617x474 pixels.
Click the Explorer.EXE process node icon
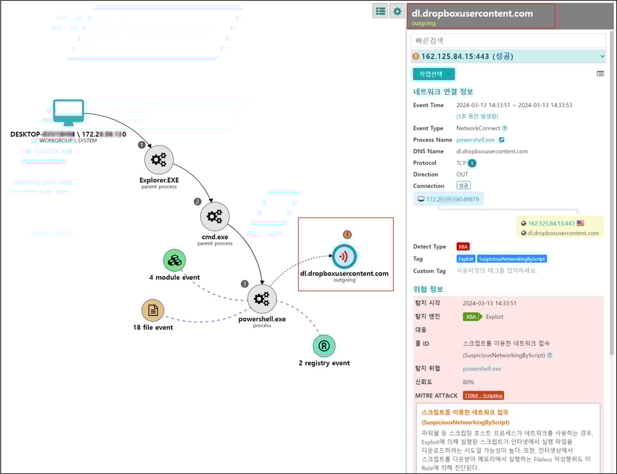158,160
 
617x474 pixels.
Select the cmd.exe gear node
215,217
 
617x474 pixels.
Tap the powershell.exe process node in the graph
262,299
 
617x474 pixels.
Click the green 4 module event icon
174,260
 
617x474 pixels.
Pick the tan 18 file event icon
153,311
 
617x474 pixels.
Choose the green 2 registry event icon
324,346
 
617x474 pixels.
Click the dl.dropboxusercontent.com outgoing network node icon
344,256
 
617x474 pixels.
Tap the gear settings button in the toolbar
398,11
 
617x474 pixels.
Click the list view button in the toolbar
380,11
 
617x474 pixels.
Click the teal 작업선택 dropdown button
434,74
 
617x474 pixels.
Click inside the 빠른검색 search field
508,41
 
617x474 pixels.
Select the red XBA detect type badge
463,246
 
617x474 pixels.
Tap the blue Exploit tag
466,258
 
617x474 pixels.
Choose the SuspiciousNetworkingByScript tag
512,258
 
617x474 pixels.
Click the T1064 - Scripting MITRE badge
483,395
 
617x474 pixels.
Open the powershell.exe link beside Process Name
475,139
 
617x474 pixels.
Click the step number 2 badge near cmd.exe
198,201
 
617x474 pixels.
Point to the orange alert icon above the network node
347,235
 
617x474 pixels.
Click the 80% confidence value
469,382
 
